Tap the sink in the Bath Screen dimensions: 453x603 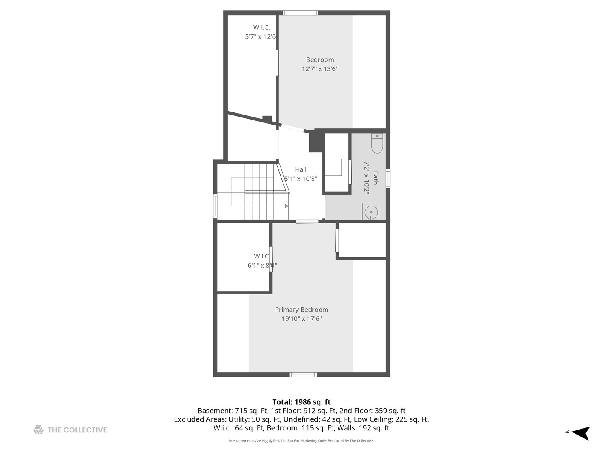(371, 212)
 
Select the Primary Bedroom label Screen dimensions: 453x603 (301, 310)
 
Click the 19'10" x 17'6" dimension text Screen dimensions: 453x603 (301, 319)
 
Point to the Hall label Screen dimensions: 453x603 (301, 169)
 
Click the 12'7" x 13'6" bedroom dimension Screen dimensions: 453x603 (320, 69)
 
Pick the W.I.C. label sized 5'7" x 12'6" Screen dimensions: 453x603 (261, 28)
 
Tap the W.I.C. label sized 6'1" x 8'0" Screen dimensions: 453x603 (262, 256)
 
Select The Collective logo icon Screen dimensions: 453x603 (39, 430)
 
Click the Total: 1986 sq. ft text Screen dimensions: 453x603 (301, 402)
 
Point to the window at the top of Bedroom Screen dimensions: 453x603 (300, 13)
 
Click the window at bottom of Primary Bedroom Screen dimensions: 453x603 (303, 375)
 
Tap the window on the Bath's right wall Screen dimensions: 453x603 (388, 178)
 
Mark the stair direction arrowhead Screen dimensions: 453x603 (286, 206)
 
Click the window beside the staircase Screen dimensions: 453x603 (215, 206)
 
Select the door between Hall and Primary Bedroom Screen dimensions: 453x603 (307, 221)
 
